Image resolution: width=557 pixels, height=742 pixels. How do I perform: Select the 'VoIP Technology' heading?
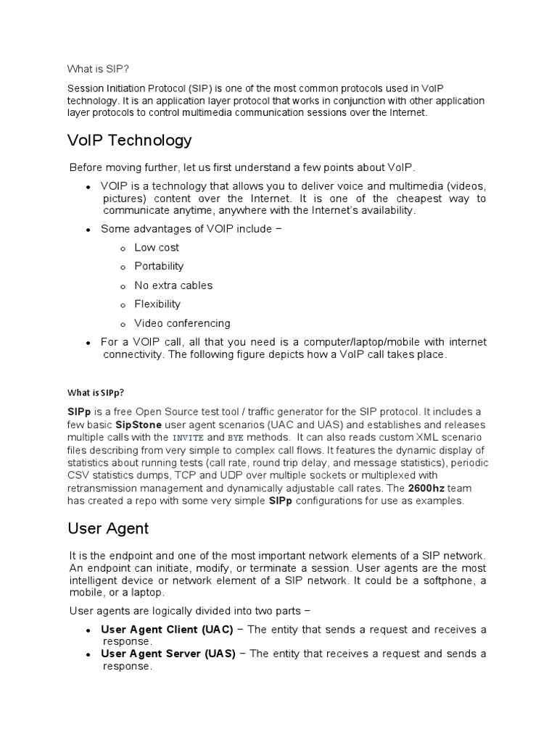pyautogui.click(x=129, y=140)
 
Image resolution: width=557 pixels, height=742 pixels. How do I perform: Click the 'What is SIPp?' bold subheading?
pyautogui.click(x=96, y=393)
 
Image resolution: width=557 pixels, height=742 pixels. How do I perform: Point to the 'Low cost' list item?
pyautogui.click(x=157, y=248)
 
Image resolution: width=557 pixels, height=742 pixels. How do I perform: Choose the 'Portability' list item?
pyautogui.click(x=159, y=267)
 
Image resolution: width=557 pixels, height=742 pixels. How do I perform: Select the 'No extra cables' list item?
pyautogui.click(x=173, y=285)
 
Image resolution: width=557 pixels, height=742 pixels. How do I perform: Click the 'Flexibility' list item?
pyautogui.click(x=157, y=304)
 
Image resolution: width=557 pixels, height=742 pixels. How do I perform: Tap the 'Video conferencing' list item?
pyautogui.click(x=182, y=323)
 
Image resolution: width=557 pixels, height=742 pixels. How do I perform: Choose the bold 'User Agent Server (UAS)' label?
pyautogui.click(x=168, y=654)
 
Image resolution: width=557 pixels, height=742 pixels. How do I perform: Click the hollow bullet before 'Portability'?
pyautogui.click(x=123, y=267)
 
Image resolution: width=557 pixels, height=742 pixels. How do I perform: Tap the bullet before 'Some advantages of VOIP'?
pyautogui.click(x=88, y=229)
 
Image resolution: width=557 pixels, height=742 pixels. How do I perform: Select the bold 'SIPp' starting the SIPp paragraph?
pyautogui.click(x=79, y=412)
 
